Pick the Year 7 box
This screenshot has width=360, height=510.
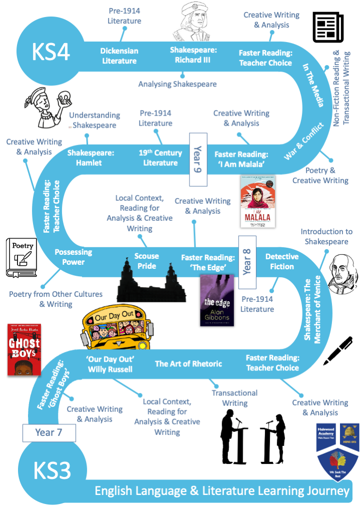[x=48, y=432]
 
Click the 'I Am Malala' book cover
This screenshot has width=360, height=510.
[x=257, y=201]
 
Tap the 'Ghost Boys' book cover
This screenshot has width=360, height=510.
[x=24, y=349]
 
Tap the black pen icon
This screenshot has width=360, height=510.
[x=338, y=350]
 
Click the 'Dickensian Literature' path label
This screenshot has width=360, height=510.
[x=119, y=56]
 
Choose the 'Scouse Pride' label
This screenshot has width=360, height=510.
[x=146, y=261]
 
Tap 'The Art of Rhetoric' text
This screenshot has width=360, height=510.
[x=188, y=363]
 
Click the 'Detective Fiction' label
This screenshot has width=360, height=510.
[x=282, y=261]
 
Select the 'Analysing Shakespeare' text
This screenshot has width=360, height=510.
[x=177, y=84]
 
